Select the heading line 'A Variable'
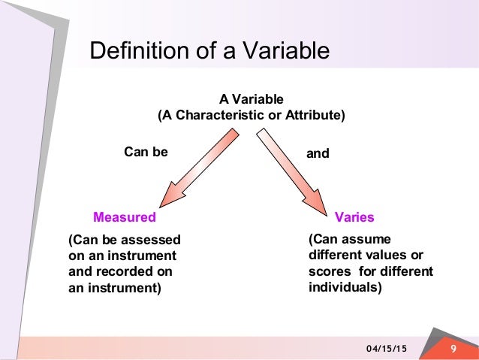point(251,99)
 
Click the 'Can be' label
point(146,153)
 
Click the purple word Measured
point(124,217)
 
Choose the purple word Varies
point(354,217)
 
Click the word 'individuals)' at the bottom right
point(345,287)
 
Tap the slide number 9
point(453,348)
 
